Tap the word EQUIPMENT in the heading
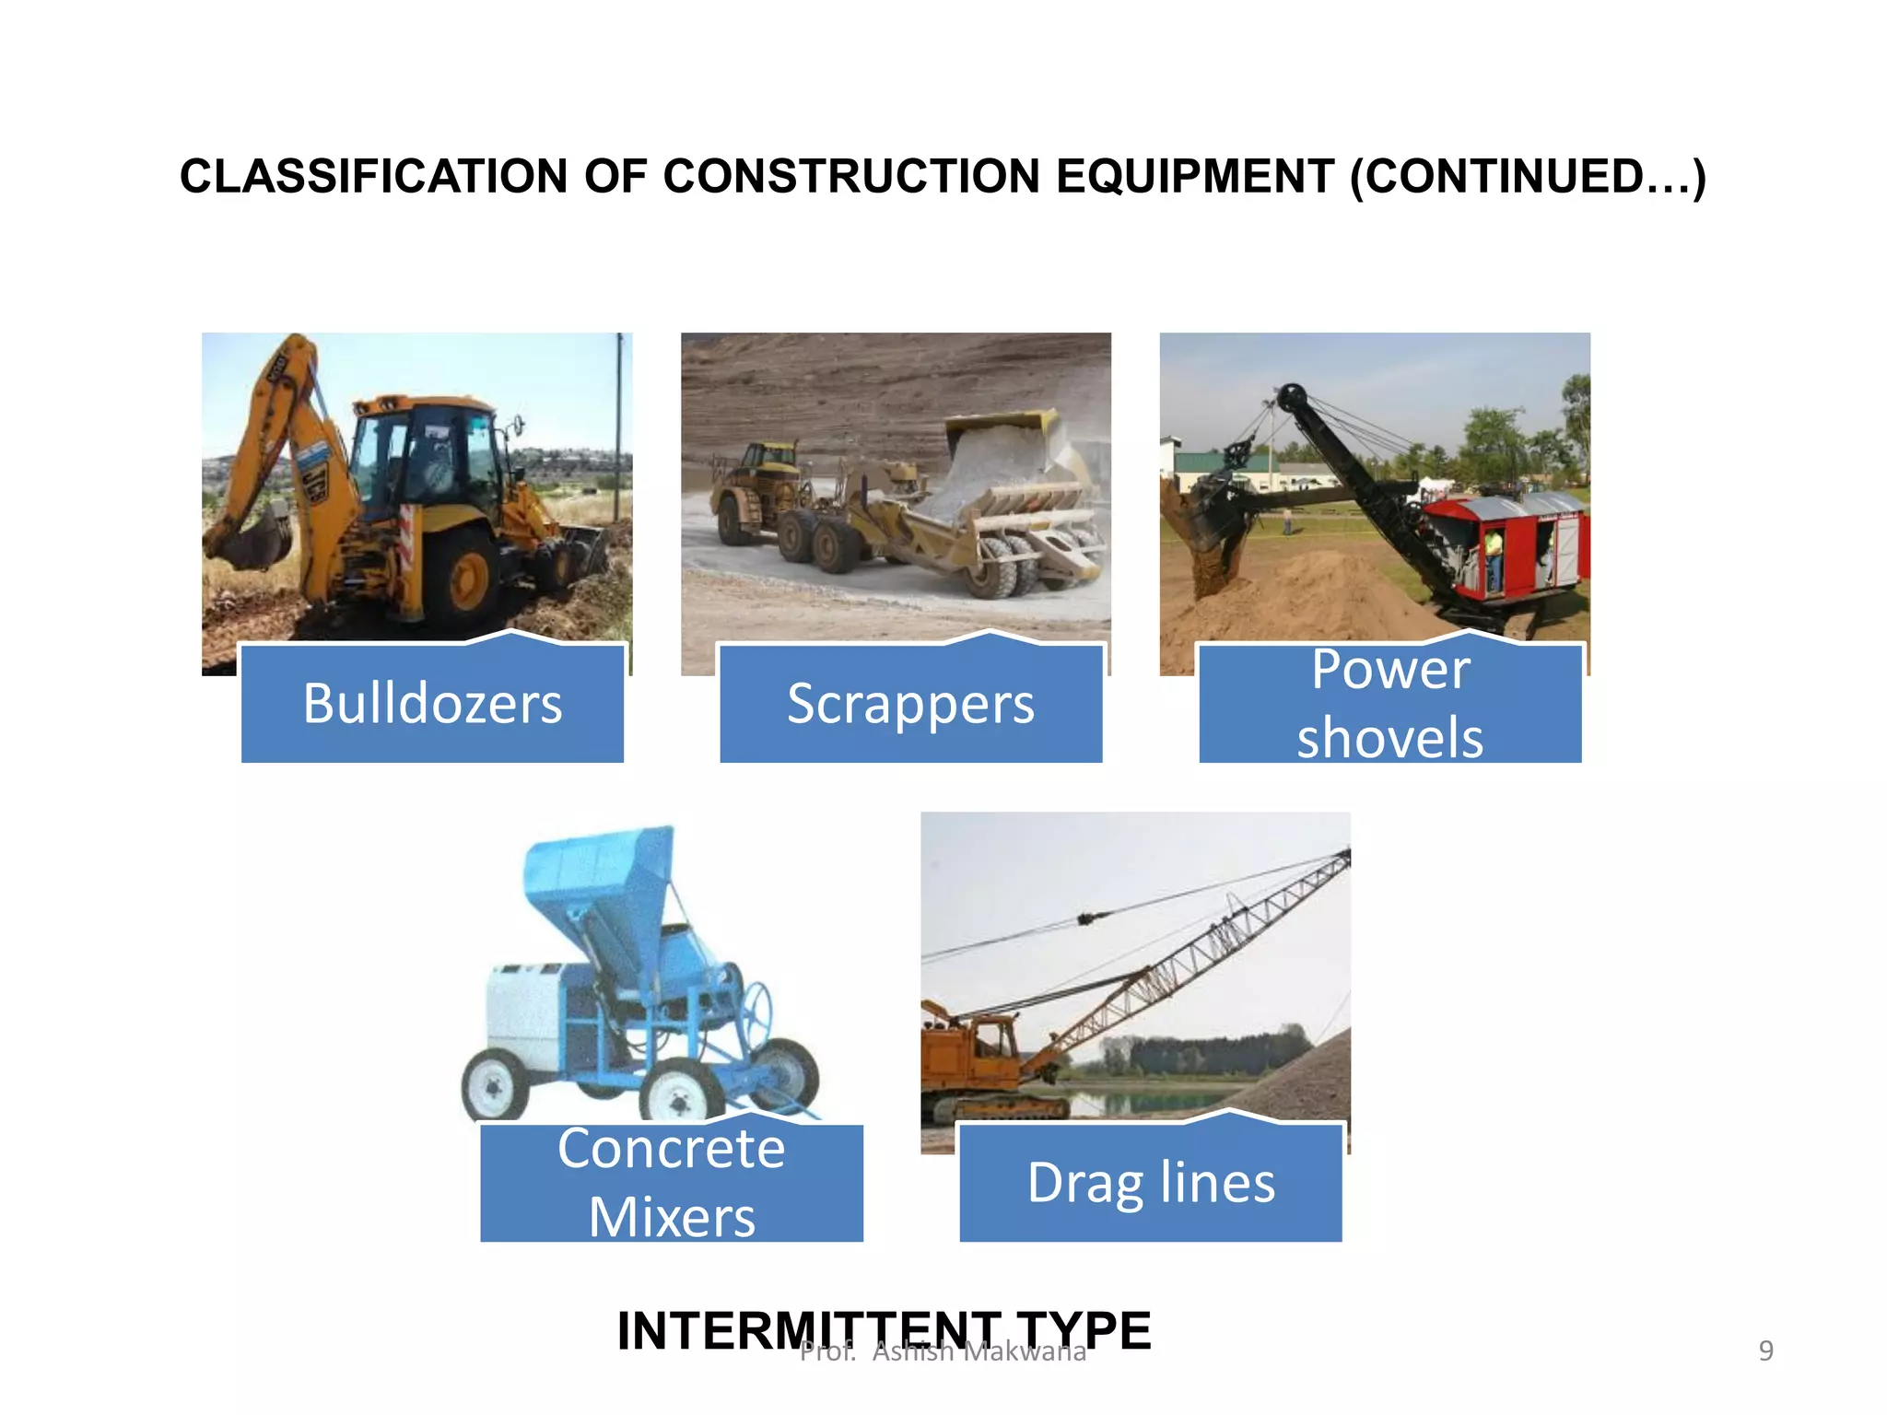[1194, 177]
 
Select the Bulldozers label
[432, 704]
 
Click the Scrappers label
[910, 704]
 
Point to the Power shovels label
[1389, 704]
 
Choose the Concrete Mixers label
[671, 1183]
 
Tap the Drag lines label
[1150, 1183]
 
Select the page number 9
[1765, 1351]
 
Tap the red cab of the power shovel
[1511, 544]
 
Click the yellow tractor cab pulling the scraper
[767, 461]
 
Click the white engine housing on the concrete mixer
[525, 1013]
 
